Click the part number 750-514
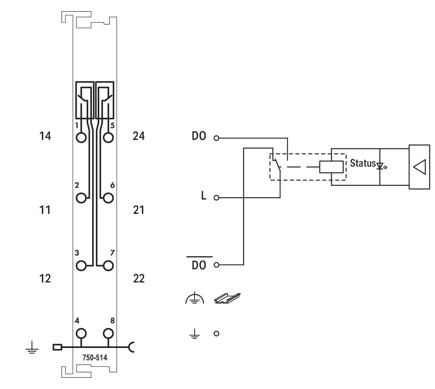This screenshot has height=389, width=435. click(95, 358)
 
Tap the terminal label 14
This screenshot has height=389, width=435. click(45, 136)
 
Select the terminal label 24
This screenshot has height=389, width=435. click(139, 136)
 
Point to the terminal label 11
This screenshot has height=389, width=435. click(45, 210)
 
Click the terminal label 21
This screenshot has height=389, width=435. click(139, 210)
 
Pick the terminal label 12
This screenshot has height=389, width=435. click(45, 278)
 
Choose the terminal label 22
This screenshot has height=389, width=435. click(139, 278)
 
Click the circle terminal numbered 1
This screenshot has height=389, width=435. click(81, 138)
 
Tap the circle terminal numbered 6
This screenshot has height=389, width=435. click(109, 198)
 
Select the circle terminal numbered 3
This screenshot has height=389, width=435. click(81, 266)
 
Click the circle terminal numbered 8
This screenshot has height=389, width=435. click(109, 333)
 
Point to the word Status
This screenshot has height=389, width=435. click(362, 163)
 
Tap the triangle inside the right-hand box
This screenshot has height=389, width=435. click(419, 167)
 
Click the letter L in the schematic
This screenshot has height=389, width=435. click(204, 196)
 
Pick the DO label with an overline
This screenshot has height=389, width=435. click(199, 265)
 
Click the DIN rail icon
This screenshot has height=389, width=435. click(228, 298)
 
